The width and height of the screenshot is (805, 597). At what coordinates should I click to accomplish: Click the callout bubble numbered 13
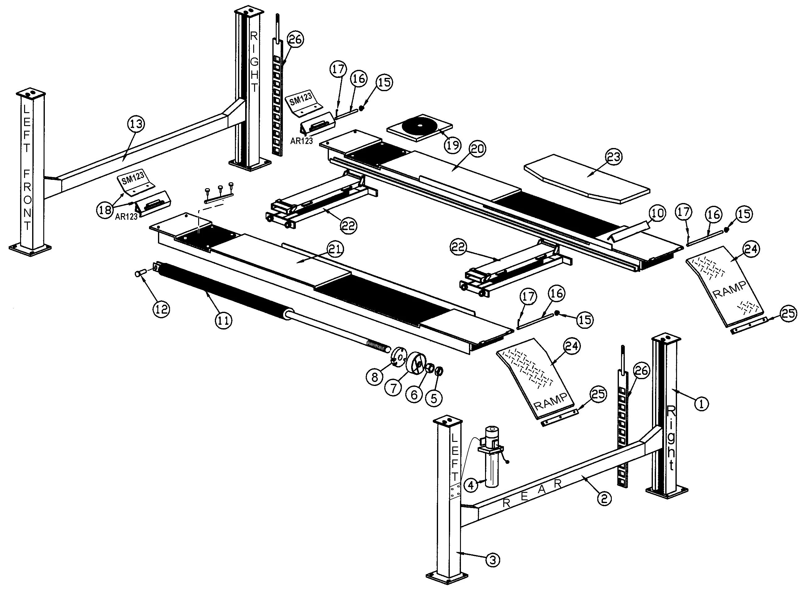pos(136,124)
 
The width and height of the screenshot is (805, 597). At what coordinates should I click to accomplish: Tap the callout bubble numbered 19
pos(453,145)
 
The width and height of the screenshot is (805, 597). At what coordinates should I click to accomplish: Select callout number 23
pos(614,157)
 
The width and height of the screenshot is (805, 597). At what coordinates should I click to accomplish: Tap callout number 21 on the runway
pos(335,249)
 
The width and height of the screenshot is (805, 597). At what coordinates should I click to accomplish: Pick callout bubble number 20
pos(478,149)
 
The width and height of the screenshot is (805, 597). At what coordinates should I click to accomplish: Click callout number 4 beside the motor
pos(471,485)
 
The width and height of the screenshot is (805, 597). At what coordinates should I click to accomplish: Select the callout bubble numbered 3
pos(493,560)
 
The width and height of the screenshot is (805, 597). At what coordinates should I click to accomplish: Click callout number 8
pos(374,377)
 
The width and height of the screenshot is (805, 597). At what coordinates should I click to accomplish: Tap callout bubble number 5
pos(434,398)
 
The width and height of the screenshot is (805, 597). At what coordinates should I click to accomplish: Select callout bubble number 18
pos(105,210)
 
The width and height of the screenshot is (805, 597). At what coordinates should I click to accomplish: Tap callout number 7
pos(394,388)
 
